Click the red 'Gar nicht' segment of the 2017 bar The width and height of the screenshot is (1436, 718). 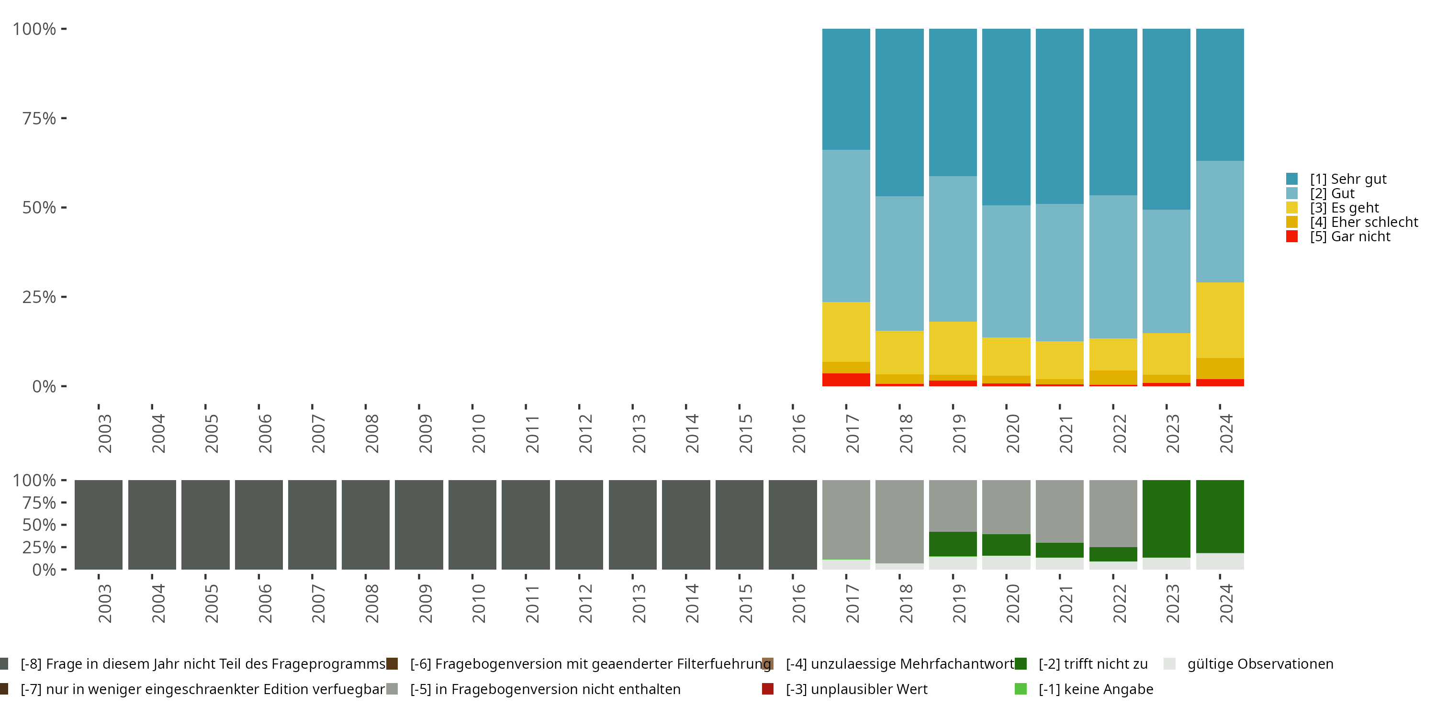coord(846,380)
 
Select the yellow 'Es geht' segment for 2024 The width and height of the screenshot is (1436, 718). coord(1220,320)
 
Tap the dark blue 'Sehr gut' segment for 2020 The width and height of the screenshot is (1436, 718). coord(1006,117)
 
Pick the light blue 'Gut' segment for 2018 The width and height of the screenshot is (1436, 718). coord(899,263)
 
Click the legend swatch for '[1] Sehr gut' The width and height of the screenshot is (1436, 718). coord(1291,179)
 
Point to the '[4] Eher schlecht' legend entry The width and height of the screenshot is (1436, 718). coord(1364,223)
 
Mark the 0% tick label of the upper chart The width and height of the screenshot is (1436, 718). coord(44,386)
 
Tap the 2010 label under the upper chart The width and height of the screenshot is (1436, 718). coord(478,433)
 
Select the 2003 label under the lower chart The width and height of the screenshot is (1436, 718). coord(105,603)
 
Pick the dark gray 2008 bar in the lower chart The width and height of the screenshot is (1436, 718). coord(366,525)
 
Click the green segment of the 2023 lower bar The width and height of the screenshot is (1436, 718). coord(1166,518)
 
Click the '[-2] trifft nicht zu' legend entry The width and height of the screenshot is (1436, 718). coord(1093,664)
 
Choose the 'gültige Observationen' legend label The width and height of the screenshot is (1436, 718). coord(1260,664)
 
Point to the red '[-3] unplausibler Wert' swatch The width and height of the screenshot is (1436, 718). coord(768,689)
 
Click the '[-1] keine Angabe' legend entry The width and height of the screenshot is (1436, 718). coord(1095,689)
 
